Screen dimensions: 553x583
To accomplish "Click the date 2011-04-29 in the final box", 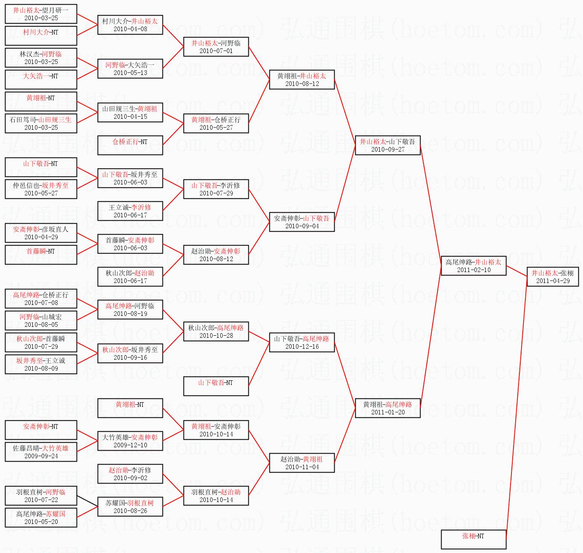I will pyautogui.click(x=553, y=281).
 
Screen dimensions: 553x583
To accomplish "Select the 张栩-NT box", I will pyautogui.click(x=473, y=539).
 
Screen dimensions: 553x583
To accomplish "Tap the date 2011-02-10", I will pyautogui.click(x=474, y=270).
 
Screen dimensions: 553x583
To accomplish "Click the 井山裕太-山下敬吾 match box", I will pyautogui.click(x=388, y=145).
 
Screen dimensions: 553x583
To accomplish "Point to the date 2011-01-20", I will pyautogui.click(x=388, y=412).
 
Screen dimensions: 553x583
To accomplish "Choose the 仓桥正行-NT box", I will pyautogui.click(x=130, y=145).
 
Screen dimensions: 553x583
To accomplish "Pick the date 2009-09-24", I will pyautogui.click(x=41, y=456).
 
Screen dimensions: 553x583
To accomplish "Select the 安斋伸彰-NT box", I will pyautogui.click(x=41, y=430).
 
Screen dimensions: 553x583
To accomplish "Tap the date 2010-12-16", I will pyautogui.click(x=302, y=347).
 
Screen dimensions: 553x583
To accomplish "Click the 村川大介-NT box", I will pyautogui.click(x=41, y=35).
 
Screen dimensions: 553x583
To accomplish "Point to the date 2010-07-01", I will pyautogui.click(x=216, y=51).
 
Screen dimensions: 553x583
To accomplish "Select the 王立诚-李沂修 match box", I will pyautogui.click(x=130, y=211).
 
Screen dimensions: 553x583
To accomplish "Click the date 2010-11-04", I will pyautogui.click(x=302, y=467).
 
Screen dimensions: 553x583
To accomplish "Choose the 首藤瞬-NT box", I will pyautogui.click(x=41, y=254).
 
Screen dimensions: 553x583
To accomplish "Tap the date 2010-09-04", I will pyautogui.click(x=302, y=226).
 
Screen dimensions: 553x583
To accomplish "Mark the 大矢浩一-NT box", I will pyautogui.click(x=41, y=79).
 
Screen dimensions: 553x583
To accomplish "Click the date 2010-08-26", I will pyautogui.click(x=130, y=511).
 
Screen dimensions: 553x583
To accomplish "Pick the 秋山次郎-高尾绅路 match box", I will pyautogui.click(x=216, y=331).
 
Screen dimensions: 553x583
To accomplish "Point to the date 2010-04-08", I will pyautogui.click(x=130, y=29).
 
